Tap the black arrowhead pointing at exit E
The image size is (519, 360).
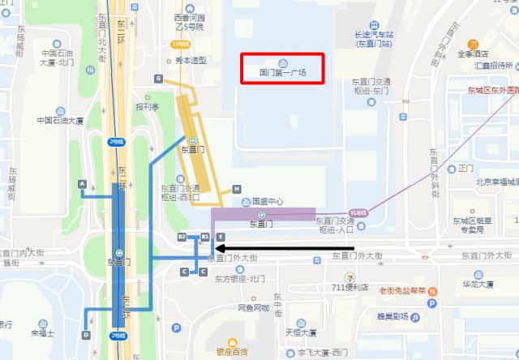pos(220,249)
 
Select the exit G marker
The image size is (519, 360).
pos(159,79)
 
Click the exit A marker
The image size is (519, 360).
pos(82,184)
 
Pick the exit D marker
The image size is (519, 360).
pos(86,334)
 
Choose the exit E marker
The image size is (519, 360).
pos(220,236)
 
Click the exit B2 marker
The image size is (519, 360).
pos(182,236)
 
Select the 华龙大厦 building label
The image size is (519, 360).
pos(478,285)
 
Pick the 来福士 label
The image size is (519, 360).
pos(41,332)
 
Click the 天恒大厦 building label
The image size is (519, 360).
pos(299,332)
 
